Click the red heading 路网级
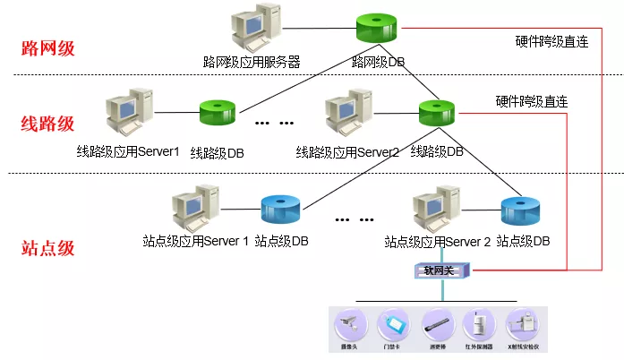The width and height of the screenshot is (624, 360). tap(47, 47)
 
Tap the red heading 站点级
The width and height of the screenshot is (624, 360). tap(47, 248)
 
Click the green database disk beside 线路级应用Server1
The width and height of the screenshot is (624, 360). tap(217, 116)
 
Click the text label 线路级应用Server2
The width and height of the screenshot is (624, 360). tap(347, 151)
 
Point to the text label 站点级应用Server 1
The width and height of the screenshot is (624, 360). tap(195, 241)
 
